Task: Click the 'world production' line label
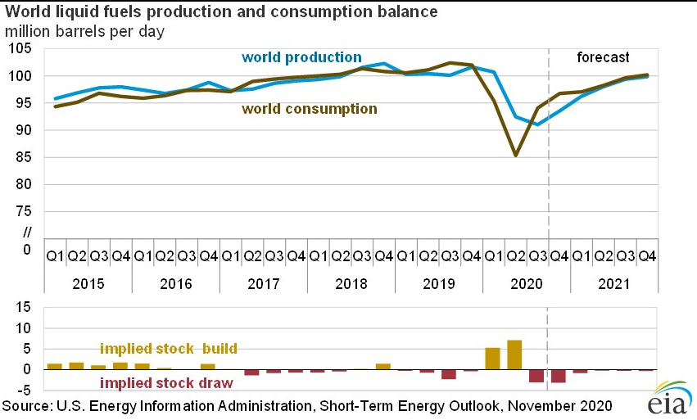click(x=301, y=57)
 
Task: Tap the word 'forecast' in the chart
click(x=603, y=57)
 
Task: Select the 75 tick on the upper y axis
click(x=24, y=212)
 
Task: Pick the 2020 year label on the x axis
click(x=526, y=284)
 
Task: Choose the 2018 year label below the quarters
click(x=351, y=284)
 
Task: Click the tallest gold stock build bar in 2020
click(x=514, y=355)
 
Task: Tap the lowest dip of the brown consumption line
click(x=515, y=155)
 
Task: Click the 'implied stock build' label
click(x=169, y=349)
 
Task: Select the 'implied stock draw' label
click(x=166, y=382)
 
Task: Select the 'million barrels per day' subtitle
click(x=84, y=32)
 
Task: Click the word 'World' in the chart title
click(x=25, y=12)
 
